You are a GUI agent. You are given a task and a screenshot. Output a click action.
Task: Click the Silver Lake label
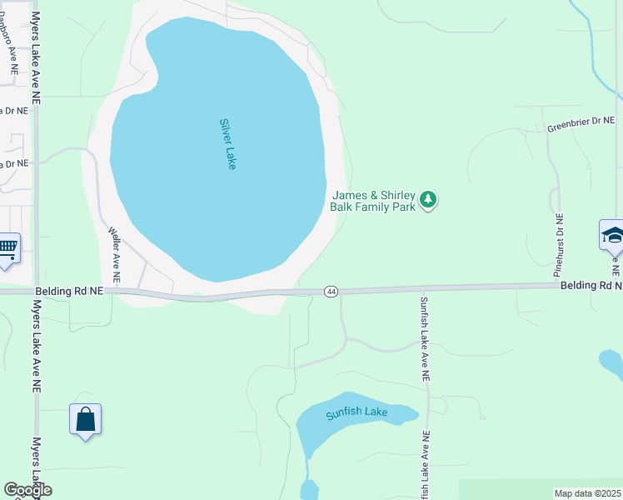point(227,144)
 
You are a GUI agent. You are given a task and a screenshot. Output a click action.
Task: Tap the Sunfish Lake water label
point(356,412)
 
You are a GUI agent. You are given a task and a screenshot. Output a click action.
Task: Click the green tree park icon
point(428,200)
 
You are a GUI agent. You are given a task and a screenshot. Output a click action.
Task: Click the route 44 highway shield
point(331,291)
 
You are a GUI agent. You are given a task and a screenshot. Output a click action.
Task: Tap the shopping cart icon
point(7,247)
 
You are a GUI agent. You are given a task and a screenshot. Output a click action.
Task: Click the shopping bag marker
point(86,419)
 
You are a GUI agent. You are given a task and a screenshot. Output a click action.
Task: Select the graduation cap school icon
point(613,236)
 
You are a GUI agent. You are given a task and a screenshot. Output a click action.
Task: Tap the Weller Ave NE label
point(115,256)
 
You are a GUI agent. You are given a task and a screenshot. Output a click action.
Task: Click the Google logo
point(27,490)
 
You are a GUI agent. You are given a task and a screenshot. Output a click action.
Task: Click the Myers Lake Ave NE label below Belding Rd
point(36,346)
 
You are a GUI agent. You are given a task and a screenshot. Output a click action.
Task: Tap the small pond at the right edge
point(611,362)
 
